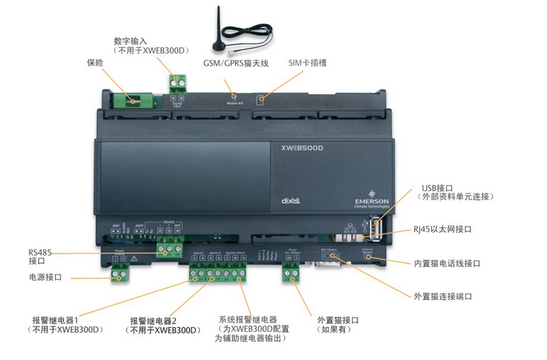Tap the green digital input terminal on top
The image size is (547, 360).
click(x=177, y=80)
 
